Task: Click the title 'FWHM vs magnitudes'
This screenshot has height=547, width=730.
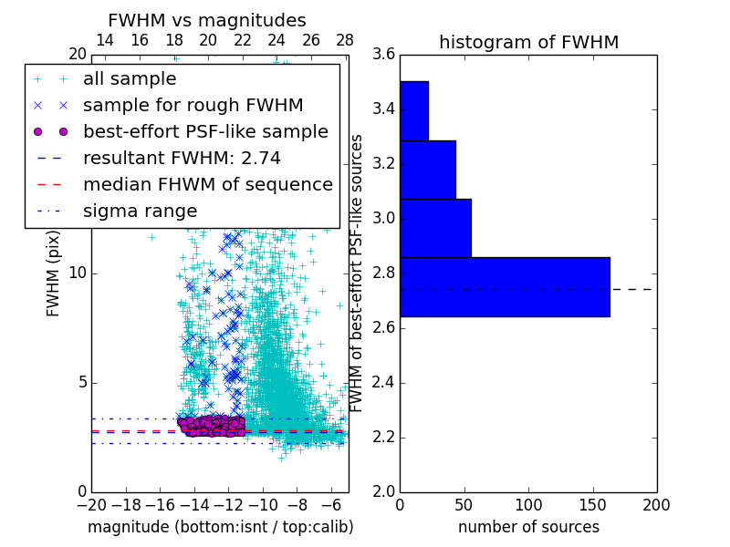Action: [x=207, y=20]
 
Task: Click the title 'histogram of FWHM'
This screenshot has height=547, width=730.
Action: [x=528, y=42]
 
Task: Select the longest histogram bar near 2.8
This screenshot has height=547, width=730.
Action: [x=505, y=286]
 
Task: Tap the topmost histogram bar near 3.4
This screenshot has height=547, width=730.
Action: [x=414, y=110]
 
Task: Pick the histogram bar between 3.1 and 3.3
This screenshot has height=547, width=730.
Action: [x=428, y=170]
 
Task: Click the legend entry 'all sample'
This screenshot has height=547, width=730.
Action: [x=130, y=79]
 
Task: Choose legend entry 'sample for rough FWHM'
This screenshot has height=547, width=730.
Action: [x=193, y=105]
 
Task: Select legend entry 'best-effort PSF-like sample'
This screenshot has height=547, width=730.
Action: [x=205, y=131]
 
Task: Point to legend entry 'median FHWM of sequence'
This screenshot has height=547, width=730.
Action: [x=208, y=184]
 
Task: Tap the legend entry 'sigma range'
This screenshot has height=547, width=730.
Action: [x=140, y=211]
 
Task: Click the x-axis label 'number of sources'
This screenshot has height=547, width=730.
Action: [x=528, y=527]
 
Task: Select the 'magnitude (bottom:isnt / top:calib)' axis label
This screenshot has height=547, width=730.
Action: [x=220, y=527]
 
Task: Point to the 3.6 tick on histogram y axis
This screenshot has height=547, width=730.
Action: [x=383, y=54]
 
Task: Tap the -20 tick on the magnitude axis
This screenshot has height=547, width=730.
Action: [x=91, y=505]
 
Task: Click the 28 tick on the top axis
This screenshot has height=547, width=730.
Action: [x=345, y=40]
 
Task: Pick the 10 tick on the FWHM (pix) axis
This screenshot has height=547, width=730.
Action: [x=78, y=273]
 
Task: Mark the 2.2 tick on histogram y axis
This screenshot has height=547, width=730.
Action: [x=383, y=437]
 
